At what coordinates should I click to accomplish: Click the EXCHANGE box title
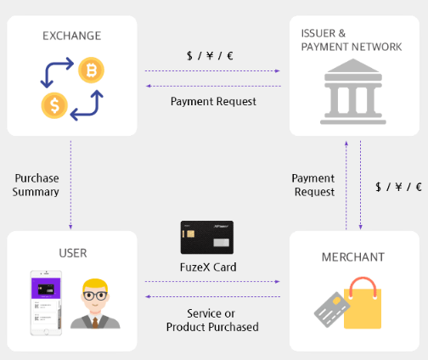point(72,36)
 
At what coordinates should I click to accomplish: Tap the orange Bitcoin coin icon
point(91,70)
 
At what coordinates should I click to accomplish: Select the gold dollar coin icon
point(54,105)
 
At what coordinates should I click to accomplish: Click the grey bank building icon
point(353,92)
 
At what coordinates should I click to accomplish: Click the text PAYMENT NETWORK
point(352,47)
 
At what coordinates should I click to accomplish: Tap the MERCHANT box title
point(353,257)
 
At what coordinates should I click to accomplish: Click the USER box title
point(73,253)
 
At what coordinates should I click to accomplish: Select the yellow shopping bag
point(363,303)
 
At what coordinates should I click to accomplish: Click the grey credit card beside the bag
point(332,309)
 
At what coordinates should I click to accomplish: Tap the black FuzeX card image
point(207,237)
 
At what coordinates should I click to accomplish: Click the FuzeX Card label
point(208,267)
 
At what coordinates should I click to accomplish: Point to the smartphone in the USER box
point(46,303)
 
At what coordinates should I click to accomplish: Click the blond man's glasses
point(95,296)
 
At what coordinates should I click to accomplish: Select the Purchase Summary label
point(36,185)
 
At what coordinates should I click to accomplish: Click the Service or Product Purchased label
point(212,320)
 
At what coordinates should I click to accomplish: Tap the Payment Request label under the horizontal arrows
point(213,102)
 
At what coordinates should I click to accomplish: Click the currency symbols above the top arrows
point(210,56)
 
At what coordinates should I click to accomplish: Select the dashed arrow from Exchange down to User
point(70,185)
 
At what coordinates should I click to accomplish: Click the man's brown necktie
point(95,323)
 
